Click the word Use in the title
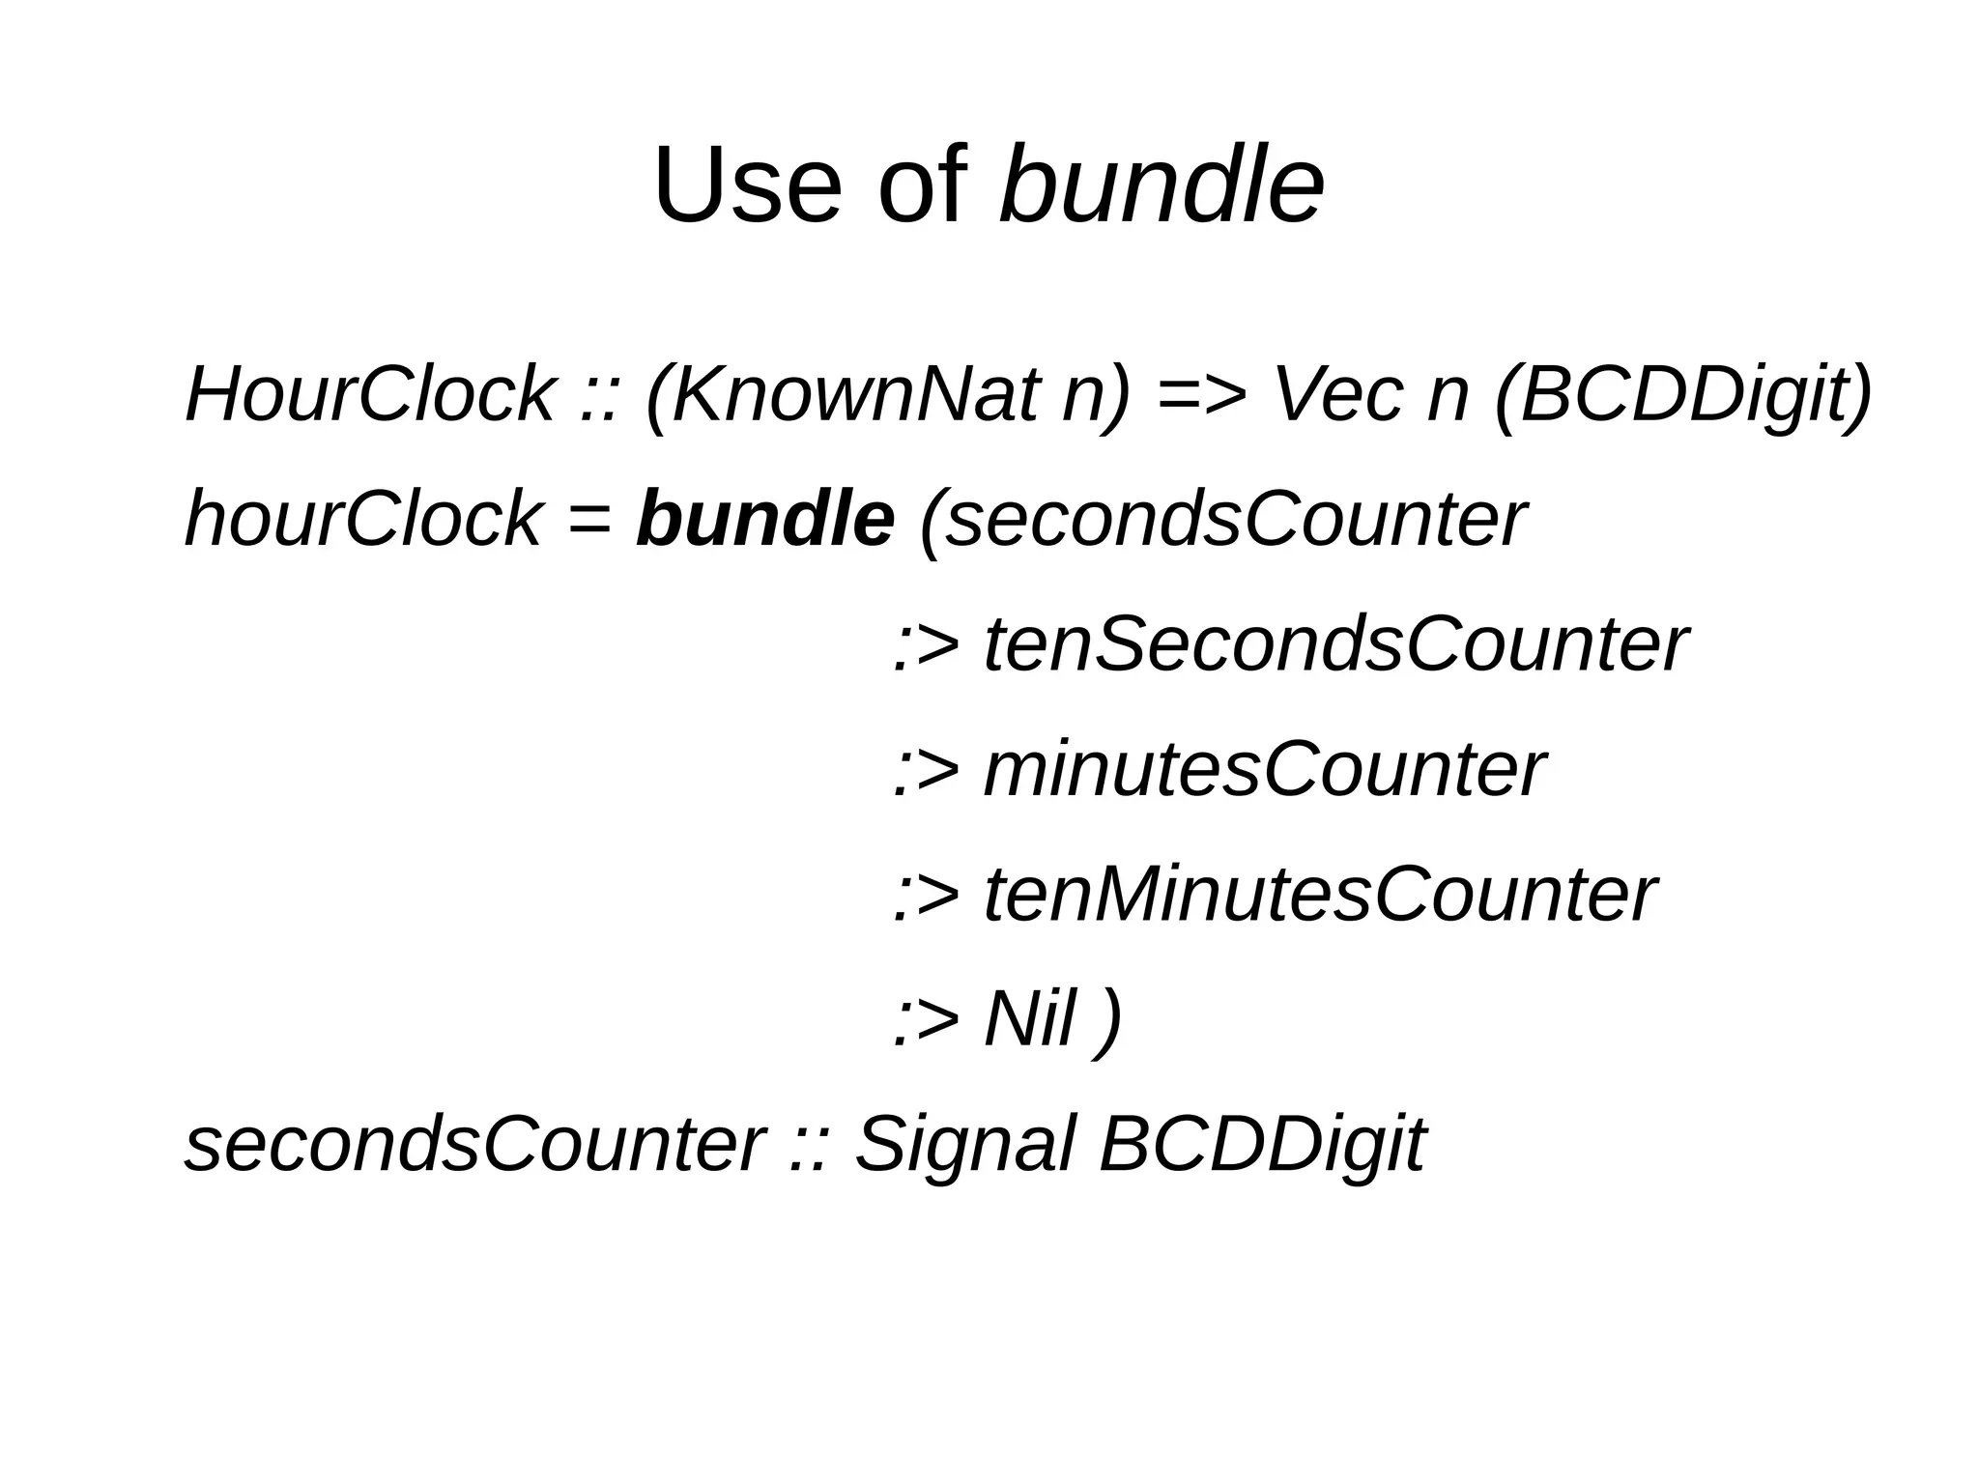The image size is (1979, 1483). [747, 185]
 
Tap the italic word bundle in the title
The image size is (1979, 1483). [1162, 185]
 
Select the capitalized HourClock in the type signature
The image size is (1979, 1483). [369, 394]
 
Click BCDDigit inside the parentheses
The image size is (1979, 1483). [1682, 394]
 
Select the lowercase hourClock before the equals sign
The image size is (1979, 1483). [362, 519]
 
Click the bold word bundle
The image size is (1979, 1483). [764, 519]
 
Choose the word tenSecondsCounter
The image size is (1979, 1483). [1335, 644]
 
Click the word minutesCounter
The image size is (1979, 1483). [1264, 770]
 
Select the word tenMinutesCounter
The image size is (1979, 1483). [1320, 895]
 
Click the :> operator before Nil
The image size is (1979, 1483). [926, 1021]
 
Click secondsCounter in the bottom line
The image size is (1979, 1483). [474, 1145]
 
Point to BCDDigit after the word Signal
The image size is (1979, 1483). [1261, 1145]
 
